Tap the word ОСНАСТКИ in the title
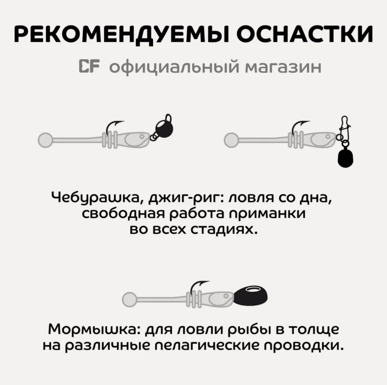[305, 34]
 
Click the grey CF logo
[89, 66]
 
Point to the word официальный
[174, 67]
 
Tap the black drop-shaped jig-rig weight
[345, 158]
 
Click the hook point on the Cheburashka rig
[123, 122]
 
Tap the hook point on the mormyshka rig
[209, 282]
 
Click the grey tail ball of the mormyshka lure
[129, 299]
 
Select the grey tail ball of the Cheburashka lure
[45, 140]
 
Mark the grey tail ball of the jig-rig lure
[231, 140]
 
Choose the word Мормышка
[94, 329]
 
